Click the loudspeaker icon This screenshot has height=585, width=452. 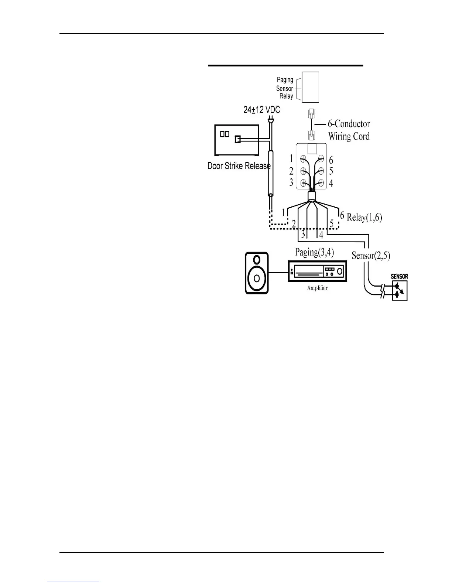257,273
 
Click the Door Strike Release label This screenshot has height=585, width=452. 239,166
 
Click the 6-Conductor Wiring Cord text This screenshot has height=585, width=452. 349,130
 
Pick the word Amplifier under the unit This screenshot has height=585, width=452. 317,288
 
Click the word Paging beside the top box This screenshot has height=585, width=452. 285,79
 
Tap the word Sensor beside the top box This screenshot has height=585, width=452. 284,89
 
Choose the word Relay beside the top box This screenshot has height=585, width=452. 286,96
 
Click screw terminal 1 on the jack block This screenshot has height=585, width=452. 304,160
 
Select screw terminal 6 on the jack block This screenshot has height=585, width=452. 321,160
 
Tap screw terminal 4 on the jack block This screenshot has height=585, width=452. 321,182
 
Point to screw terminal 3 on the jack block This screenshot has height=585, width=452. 304,182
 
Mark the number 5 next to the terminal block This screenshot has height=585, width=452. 331,171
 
